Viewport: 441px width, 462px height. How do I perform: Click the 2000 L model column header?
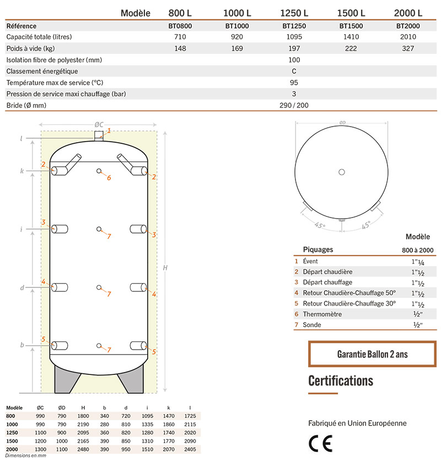pyautogui.click(x=408, y=13)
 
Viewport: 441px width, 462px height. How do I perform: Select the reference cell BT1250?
pyautogui.click(x=294, y=26)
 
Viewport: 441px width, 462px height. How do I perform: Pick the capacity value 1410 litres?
pyautogui.click(x=351, y=37)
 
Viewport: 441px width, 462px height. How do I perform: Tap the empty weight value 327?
pyautogui.click(x=408, y=48)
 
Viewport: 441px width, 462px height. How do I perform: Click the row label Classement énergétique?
pyautogui.click(x=42, y=71)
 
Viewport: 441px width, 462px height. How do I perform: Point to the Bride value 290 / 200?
pyautogui.click(x=294, y=105)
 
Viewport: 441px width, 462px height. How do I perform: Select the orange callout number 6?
pyautogui.click(x=109, y=178)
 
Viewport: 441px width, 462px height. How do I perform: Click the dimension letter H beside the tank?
pyautogui.click(x=165, y=268)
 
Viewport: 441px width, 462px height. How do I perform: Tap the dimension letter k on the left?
pyautogui.click(x=21, y=171)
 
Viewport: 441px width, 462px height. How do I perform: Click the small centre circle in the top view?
pyautogui.click(x=342, y=172)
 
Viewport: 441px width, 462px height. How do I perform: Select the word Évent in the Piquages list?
pyautogui.click(x=310, y=261)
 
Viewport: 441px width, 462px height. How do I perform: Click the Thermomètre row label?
pyautogui.click(x=322, y=314)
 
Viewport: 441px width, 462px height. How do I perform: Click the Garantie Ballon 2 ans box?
pyautogui.click(x=372, y=355)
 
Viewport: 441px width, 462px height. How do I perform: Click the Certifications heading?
pyautogui.click(x=340, y=381)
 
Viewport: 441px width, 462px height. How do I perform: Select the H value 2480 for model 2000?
pyautogui.click(x=83, y=450)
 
